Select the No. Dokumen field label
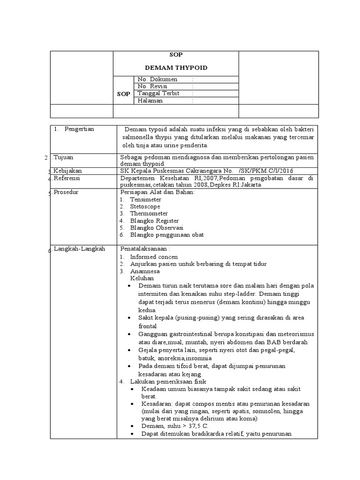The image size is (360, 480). (x=157, y=79)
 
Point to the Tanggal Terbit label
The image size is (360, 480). (x=158, y=93)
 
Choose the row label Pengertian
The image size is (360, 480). (x=79, y=129)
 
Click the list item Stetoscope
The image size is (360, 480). (x=145, y=206)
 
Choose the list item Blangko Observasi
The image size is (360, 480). (x=157, y=227)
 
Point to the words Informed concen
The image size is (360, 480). (x=154, y=257)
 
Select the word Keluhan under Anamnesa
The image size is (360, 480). (x=142, y=278)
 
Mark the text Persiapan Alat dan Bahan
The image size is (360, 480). (x=157, y=192)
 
